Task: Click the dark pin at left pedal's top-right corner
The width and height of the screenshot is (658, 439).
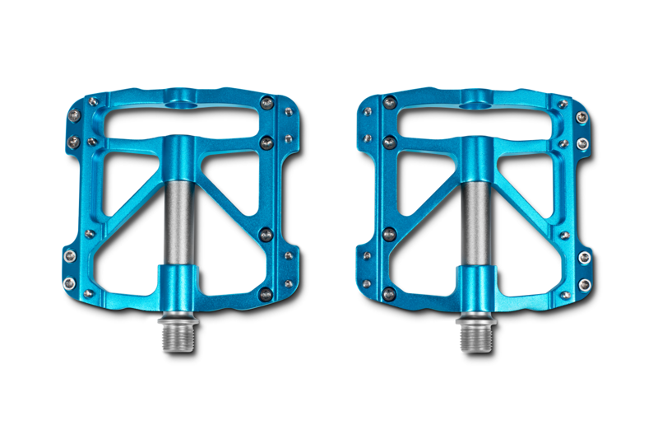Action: click(267, 103)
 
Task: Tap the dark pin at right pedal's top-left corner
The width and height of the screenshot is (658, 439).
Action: click(391, 103)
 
